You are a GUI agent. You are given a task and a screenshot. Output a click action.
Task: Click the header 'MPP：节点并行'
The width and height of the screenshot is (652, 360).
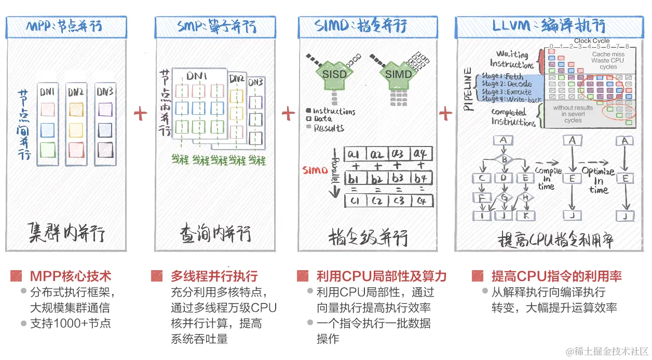point(66,26)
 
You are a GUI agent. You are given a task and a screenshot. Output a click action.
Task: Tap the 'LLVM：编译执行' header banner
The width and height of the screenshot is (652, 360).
point(552,26)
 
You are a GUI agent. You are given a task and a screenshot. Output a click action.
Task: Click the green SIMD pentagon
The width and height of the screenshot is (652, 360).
point(398,75)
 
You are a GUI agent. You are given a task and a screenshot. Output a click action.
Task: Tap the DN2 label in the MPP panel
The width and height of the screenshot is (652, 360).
point(76,92)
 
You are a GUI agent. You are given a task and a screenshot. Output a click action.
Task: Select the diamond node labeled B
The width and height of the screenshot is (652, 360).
point(503,160)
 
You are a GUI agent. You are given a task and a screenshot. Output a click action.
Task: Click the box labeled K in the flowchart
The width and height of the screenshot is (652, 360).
point(525,215)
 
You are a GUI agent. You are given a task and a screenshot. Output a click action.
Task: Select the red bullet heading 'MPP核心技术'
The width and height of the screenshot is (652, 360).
point(70,276)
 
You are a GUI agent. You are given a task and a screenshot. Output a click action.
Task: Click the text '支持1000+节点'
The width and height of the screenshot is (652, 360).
point(70,323)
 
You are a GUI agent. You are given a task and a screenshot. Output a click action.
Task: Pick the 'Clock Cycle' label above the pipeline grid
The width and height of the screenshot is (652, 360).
point(592,41)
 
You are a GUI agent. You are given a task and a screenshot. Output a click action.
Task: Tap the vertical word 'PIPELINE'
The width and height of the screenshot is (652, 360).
point(469,88)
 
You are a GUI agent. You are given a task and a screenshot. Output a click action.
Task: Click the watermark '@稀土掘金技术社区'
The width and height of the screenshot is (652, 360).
point(607,351)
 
